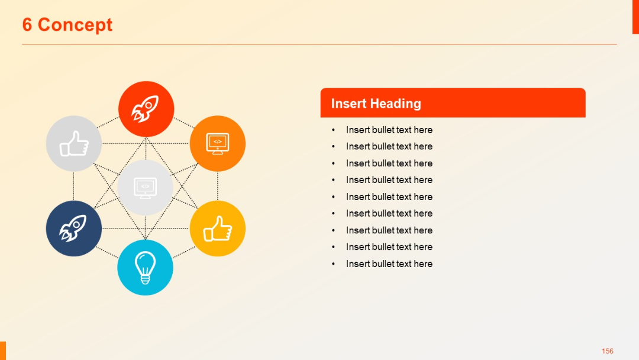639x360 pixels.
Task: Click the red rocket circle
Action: (146, 109)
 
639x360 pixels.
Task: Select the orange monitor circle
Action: (217, 143)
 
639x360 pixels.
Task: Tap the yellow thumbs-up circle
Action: (217, 229)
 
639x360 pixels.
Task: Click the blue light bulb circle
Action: (146, 267)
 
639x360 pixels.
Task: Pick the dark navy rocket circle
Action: (73, 229)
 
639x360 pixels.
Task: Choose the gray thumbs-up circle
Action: (73, 143)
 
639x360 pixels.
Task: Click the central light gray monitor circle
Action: (146, 187)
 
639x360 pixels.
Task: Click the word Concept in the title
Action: (75, 25)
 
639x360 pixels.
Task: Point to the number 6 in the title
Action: (27, 25)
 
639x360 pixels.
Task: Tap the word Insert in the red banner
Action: (348, 104)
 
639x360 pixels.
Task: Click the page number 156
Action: (607, 351)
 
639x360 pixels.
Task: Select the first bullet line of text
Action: (389, 130)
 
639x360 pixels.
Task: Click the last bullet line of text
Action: (389, 263)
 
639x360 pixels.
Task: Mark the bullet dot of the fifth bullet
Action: (333, 197)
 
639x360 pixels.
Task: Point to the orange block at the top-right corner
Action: (635, 17)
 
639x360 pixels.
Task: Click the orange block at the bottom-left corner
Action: (3, 351)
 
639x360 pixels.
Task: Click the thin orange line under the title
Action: (319, 44)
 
